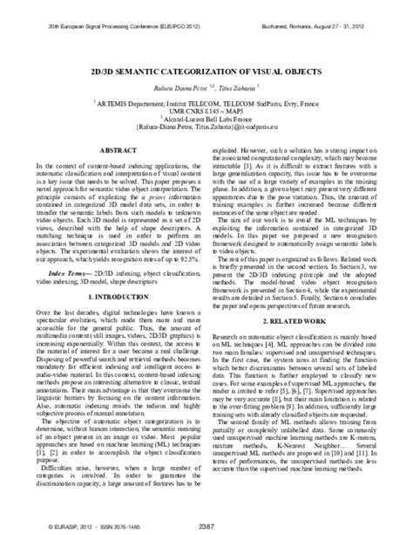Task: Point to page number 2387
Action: point(206,524)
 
